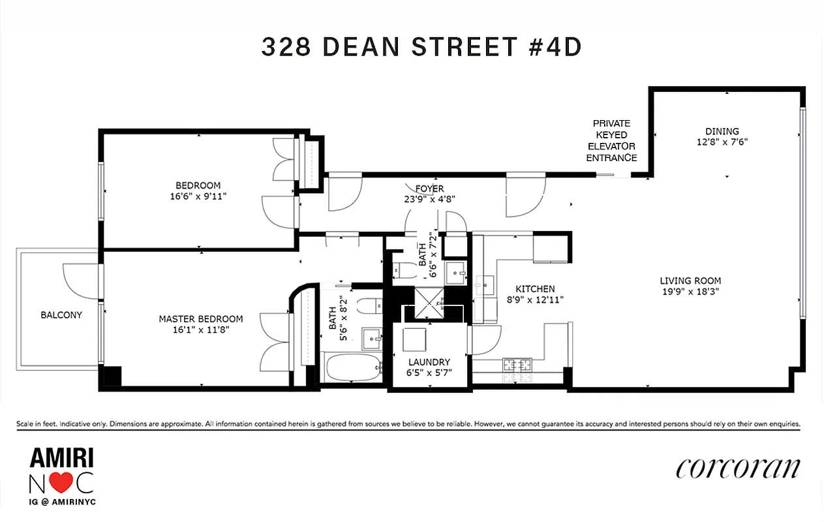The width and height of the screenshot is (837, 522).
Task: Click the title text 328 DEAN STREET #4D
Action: click(421, 47)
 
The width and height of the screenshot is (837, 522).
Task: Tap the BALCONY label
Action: click(61, 315)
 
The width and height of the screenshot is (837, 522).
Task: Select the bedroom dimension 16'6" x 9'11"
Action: click(198, 195)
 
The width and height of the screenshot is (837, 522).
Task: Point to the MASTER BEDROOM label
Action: click(201, 319)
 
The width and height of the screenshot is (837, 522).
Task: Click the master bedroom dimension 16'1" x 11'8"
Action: click(197, 330)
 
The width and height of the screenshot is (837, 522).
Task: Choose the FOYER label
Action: click(421, 191)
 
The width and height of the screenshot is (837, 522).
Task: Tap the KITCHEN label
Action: click(535, 289)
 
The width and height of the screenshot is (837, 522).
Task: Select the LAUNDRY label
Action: click(429, 362)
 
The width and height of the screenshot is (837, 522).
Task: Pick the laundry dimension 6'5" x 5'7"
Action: click(429, 373)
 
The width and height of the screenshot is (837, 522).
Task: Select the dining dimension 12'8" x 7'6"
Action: click(722, 142)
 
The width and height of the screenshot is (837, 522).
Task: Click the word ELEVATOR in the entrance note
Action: click(611, 146)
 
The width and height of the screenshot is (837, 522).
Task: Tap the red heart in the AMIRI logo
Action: click(61, 484)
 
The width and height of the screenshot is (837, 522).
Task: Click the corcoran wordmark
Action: click(737, 468)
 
